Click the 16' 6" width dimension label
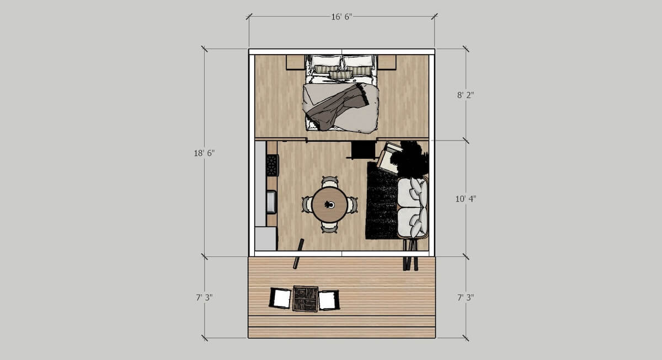point(341,17)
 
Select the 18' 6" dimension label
point(204,153)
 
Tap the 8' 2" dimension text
point(466,95)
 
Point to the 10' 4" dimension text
point(466,199)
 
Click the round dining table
point(330,205)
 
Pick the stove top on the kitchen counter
point(272,165)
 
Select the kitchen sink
point(271,202)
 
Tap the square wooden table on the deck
point(306,299)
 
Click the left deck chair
point(280,298)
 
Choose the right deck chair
point(329,300)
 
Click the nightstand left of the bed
point(295,62)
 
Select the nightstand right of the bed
point(387,62)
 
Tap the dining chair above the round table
point(330,181)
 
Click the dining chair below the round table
point(329,228)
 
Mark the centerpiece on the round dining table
point(329,205)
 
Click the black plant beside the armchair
point(410,159)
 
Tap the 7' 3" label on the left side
point(204,298)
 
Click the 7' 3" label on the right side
point(466,298)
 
